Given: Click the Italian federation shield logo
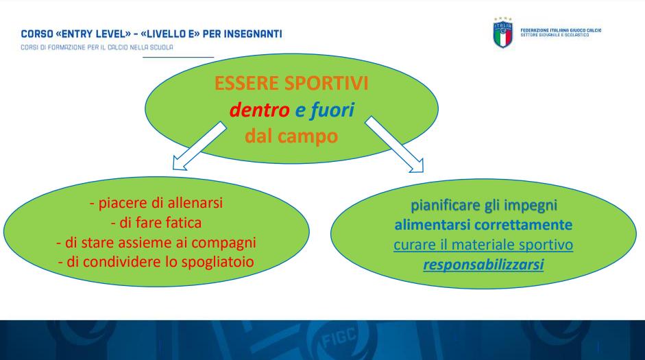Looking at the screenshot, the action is pyautogui.click(x=502, y=33).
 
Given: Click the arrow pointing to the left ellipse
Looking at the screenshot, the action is pyautogui.click(x=199, y=146).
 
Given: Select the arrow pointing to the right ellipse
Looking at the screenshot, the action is pyautogui.click(x=394, y=144).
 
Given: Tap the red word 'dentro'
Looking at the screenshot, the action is pyautogui.click(x=260, y=110).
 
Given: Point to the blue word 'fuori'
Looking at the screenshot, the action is pyautogui.click(x=332, y=110).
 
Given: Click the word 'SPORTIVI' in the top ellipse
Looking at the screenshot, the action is pyautogui.click(x=326, y=83).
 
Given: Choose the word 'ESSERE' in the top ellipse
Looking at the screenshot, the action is pyautogui.click(x=247, y=83).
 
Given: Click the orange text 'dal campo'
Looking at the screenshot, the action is pyautogui.click(x=291, y=136).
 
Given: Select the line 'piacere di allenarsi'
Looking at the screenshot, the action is pyautogui.click(x=156, y=203).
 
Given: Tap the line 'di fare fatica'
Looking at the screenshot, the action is pyautogui.click(x=156, y=223).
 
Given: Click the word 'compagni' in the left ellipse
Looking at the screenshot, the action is pyautogui.click(x=223, y=243).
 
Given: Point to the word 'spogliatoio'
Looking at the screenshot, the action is pyautogui.click(x=217, y=262).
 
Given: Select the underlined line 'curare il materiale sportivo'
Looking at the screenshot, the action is pyautogui.click(x=483, y=245).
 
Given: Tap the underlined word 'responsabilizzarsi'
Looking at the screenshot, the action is pyautogui.click(x=483, y=265).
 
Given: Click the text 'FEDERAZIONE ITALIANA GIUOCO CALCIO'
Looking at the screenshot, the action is pyautogui.click(x=561, y=30).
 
